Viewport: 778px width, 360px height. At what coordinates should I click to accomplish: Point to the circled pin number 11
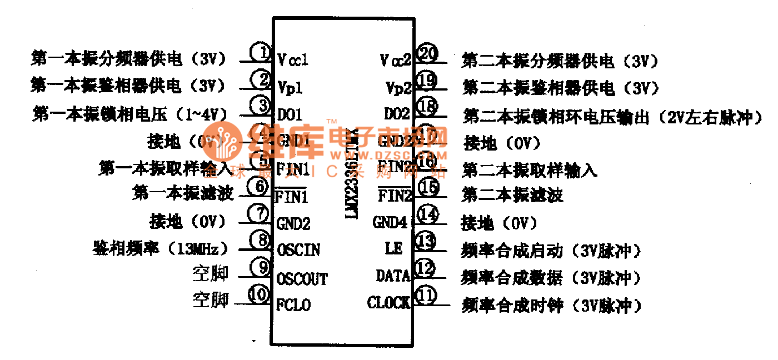(x=426, y=296)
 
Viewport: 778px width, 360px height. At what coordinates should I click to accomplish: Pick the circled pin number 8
(x=260, y=241)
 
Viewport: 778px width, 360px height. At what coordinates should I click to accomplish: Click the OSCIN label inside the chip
(x=298, y=250)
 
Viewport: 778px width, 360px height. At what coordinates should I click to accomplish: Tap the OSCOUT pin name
(x=302, y=278)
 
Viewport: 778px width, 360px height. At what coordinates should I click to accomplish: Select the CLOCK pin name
(x=388, y=303)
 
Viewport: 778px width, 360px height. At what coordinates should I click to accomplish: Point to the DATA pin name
(x=393, y=276)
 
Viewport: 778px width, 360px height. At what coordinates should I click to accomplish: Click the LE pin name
(x=393, y=248)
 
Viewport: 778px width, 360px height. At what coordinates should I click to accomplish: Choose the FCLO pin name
(x=293, y=305)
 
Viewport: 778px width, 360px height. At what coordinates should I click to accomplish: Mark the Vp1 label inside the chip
(x=290, y=87)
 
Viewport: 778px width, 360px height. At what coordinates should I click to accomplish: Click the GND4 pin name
(x=390, y=223)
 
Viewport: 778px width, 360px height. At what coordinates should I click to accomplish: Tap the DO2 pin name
(x=397, y=114)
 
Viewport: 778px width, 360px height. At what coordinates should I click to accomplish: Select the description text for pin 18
(x=612, y=117)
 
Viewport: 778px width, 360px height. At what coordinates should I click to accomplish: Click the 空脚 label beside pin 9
(x=211, y=273)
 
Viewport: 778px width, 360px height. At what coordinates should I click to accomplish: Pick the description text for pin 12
(x=551, y=277)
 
